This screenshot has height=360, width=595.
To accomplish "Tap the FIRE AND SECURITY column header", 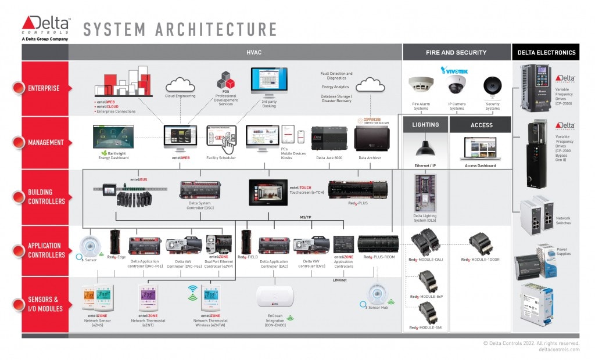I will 456,52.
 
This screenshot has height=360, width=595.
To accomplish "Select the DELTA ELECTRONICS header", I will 546,52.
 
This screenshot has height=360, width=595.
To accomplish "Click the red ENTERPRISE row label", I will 44,88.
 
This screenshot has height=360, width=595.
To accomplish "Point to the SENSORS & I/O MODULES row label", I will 44,304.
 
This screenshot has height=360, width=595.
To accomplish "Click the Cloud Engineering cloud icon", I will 180,85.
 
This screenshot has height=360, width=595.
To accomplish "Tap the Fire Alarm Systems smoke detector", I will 420,85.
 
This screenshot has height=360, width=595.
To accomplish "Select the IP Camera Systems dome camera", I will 457,85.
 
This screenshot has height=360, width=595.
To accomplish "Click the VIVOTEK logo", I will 457,70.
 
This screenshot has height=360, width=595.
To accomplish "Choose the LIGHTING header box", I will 425,125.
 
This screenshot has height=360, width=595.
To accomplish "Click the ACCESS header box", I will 481,125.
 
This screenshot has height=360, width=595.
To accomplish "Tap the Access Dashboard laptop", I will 480,149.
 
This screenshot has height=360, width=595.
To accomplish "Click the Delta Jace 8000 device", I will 328,139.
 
